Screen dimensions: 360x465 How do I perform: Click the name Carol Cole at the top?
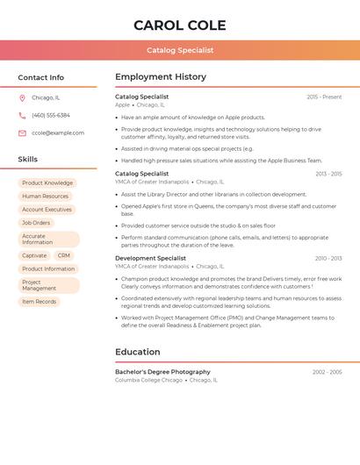(180, 25)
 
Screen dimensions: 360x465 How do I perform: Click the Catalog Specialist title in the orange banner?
(180, 50)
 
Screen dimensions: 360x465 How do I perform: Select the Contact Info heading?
(41, 77)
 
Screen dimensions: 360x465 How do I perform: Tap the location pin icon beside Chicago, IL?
(22, 97)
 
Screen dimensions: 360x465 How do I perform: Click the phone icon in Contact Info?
(22, 115)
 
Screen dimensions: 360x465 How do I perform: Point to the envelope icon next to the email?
(22, 133)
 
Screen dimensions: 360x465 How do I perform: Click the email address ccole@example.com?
(58, 133)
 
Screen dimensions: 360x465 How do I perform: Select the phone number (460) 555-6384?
(51, 115)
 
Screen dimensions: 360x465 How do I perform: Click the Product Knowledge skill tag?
(47, 183)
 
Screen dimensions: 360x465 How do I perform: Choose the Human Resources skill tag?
(45, 197)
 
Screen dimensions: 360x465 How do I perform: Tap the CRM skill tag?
(64, 255)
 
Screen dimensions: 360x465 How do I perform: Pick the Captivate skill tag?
(34, 255)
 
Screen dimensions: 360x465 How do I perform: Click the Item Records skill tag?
(39, 302)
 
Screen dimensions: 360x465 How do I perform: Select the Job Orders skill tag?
(36, 223)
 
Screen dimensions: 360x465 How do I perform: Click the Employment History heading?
(161, 77)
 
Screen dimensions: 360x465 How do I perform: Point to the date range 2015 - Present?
(324, 97)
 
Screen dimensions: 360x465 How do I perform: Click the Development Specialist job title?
(150, 258)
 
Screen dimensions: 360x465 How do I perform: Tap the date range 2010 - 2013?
(328, 258)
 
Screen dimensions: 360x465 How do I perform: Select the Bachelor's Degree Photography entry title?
(162, 372)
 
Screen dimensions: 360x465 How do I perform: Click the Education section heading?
(138, 352)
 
